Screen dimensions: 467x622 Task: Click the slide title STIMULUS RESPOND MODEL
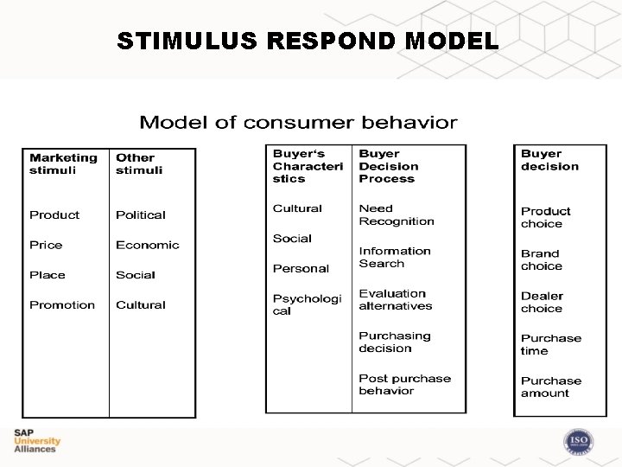(308, 41)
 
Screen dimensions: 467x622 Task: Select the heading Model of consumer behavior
(298, 122)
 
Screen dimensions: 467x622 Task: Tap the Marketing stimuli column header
(63, 163)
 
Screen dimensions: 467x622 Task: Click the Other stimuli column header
(139, 163)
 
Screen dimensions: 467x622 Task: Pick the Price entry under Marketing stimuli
(46, 245)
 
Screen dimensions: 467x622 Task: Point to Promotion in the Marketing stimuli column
(62, 304)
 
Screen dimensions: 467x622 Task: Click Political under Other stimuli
(140, 214)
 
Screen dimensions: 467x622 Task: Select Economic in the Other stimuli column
(147, 245)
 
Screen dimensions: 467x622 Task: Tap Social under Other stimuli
(135, 275)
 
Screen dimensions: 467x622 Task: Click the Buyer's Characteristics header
(308, 166)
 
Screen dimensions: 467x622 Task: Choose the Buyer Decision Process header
(388, 166)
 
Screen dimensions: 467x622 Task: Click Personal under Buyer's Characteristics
(301, 268)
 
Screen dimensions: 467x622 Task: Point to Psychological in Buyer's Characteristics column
(307, 304)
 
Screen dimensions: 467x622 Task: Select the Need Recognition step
(396, 214)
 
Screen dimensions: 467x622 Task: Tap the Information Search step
(394, 257)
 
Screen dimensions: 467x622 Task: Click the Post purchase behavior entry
(404, 384)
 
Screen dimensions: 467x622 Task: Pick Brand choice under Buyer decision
(541, 259)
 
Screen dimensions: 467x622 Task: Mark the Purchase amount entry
(550, 387)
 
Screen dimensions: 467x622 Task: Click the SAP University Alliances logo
(36, 441)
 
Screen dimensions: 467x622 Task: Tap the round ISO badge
(578, 442)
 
